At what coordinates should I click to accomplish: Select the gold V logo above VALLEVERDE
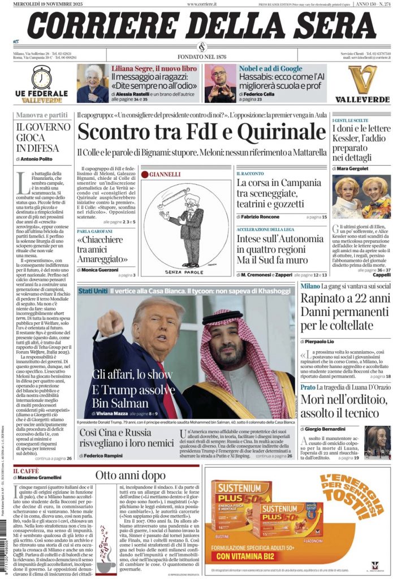(x=362, y=79)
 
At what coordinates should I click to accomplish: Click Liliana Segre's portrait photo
(x=92, y=83)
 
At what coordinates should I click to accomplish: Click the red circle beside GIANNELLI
(x=144, y=175)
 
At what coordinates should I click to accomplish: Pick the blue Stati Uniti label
(x=93, y=290)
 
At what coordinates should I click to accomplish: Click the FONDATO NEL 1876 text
(x=201, y=57)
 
